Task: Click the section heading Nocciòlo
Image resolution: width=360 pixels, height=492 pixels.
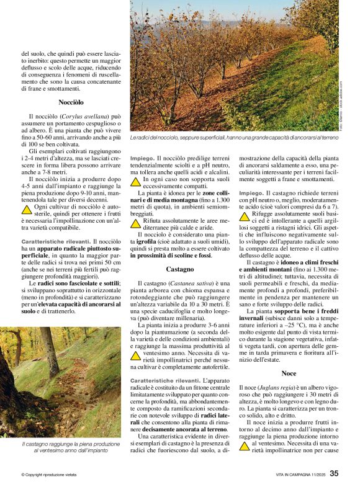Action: click(71, 101)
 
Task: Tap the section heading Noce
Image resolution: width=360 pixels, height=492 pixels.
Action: click(289, 373)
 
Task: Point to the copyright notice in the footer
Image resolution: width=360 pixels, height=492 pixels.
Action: click(50, 475)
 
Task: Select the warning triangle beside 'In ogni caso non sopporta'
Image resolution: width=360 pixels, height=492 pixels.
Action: click(135, 182)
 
